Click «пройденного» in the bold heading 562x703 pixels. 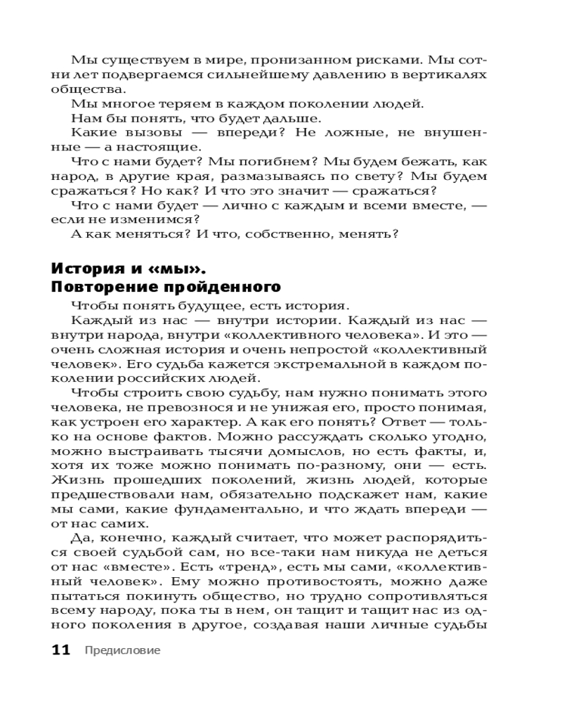pos(228,287)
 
